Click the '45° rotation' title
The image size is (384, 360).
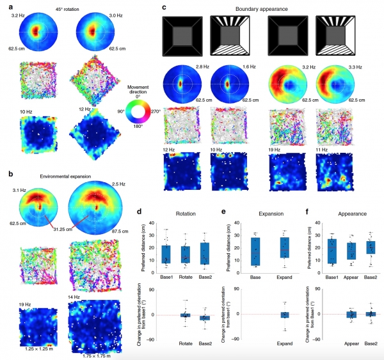click(58, 8)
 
